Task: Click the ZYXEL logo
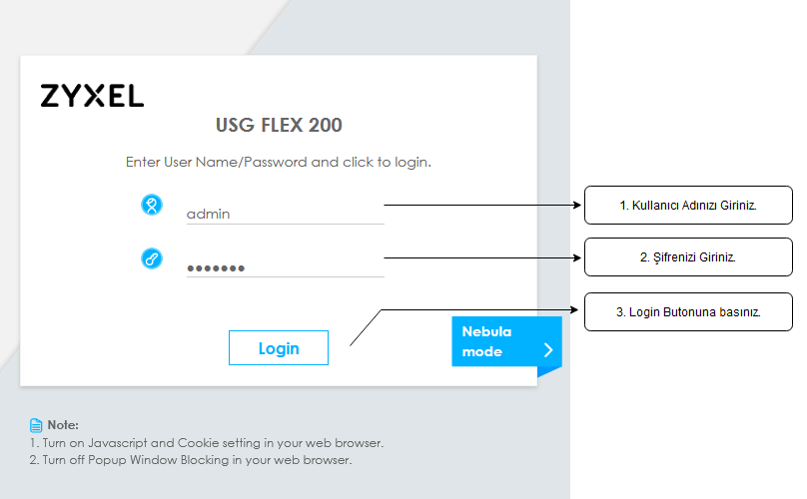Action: (x=92, y=96)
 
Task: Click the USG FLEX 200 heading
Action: (x=279, y=125)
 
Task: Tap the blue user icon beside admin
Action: (x=152, y=205)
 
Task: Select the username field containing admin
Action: (x=285, y=214)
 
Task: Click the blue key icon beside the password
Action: (x=152, y=258)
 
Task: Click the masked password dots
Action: (x=216, y=268)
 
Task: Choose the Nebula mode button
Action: (x=506, y=341)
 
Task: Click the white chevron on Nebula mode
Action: (x=548, y=350)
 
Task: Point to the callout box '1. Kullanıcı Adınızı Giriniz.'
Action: (x=688, y=206)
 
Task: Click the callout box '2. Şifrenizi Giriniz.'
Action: (x=688, y=257)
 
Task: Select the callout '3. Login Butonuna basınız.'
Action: (x=688, y=312)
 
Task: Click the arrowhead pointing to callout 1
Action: (x=577, y=205)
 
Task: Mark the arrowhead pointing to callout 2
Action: (x=577, y=257)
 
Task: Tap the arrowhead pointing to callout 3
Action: (x=574, y=309)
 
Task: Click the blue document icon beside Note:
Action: (x=36, y=425)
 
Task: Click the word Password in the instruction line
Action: (x=276, y=162)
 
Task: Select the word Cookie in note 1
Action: (x=198, y=443)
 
